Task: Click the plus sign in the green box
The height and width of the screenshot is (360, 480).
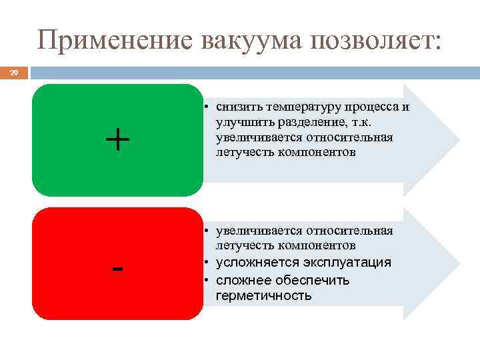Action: [x=117, y=141]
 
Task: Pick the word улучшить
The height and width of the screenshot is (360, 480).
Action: [x=242, y=122]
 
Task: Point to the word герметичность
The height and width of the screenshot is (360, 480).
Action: [x=263, y=295]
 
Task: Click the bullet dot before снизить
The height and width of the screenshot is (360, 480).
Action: [x=208, y=107]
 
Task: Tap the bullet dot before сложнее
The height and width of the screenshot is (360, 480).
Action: [x=208, y=280]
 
